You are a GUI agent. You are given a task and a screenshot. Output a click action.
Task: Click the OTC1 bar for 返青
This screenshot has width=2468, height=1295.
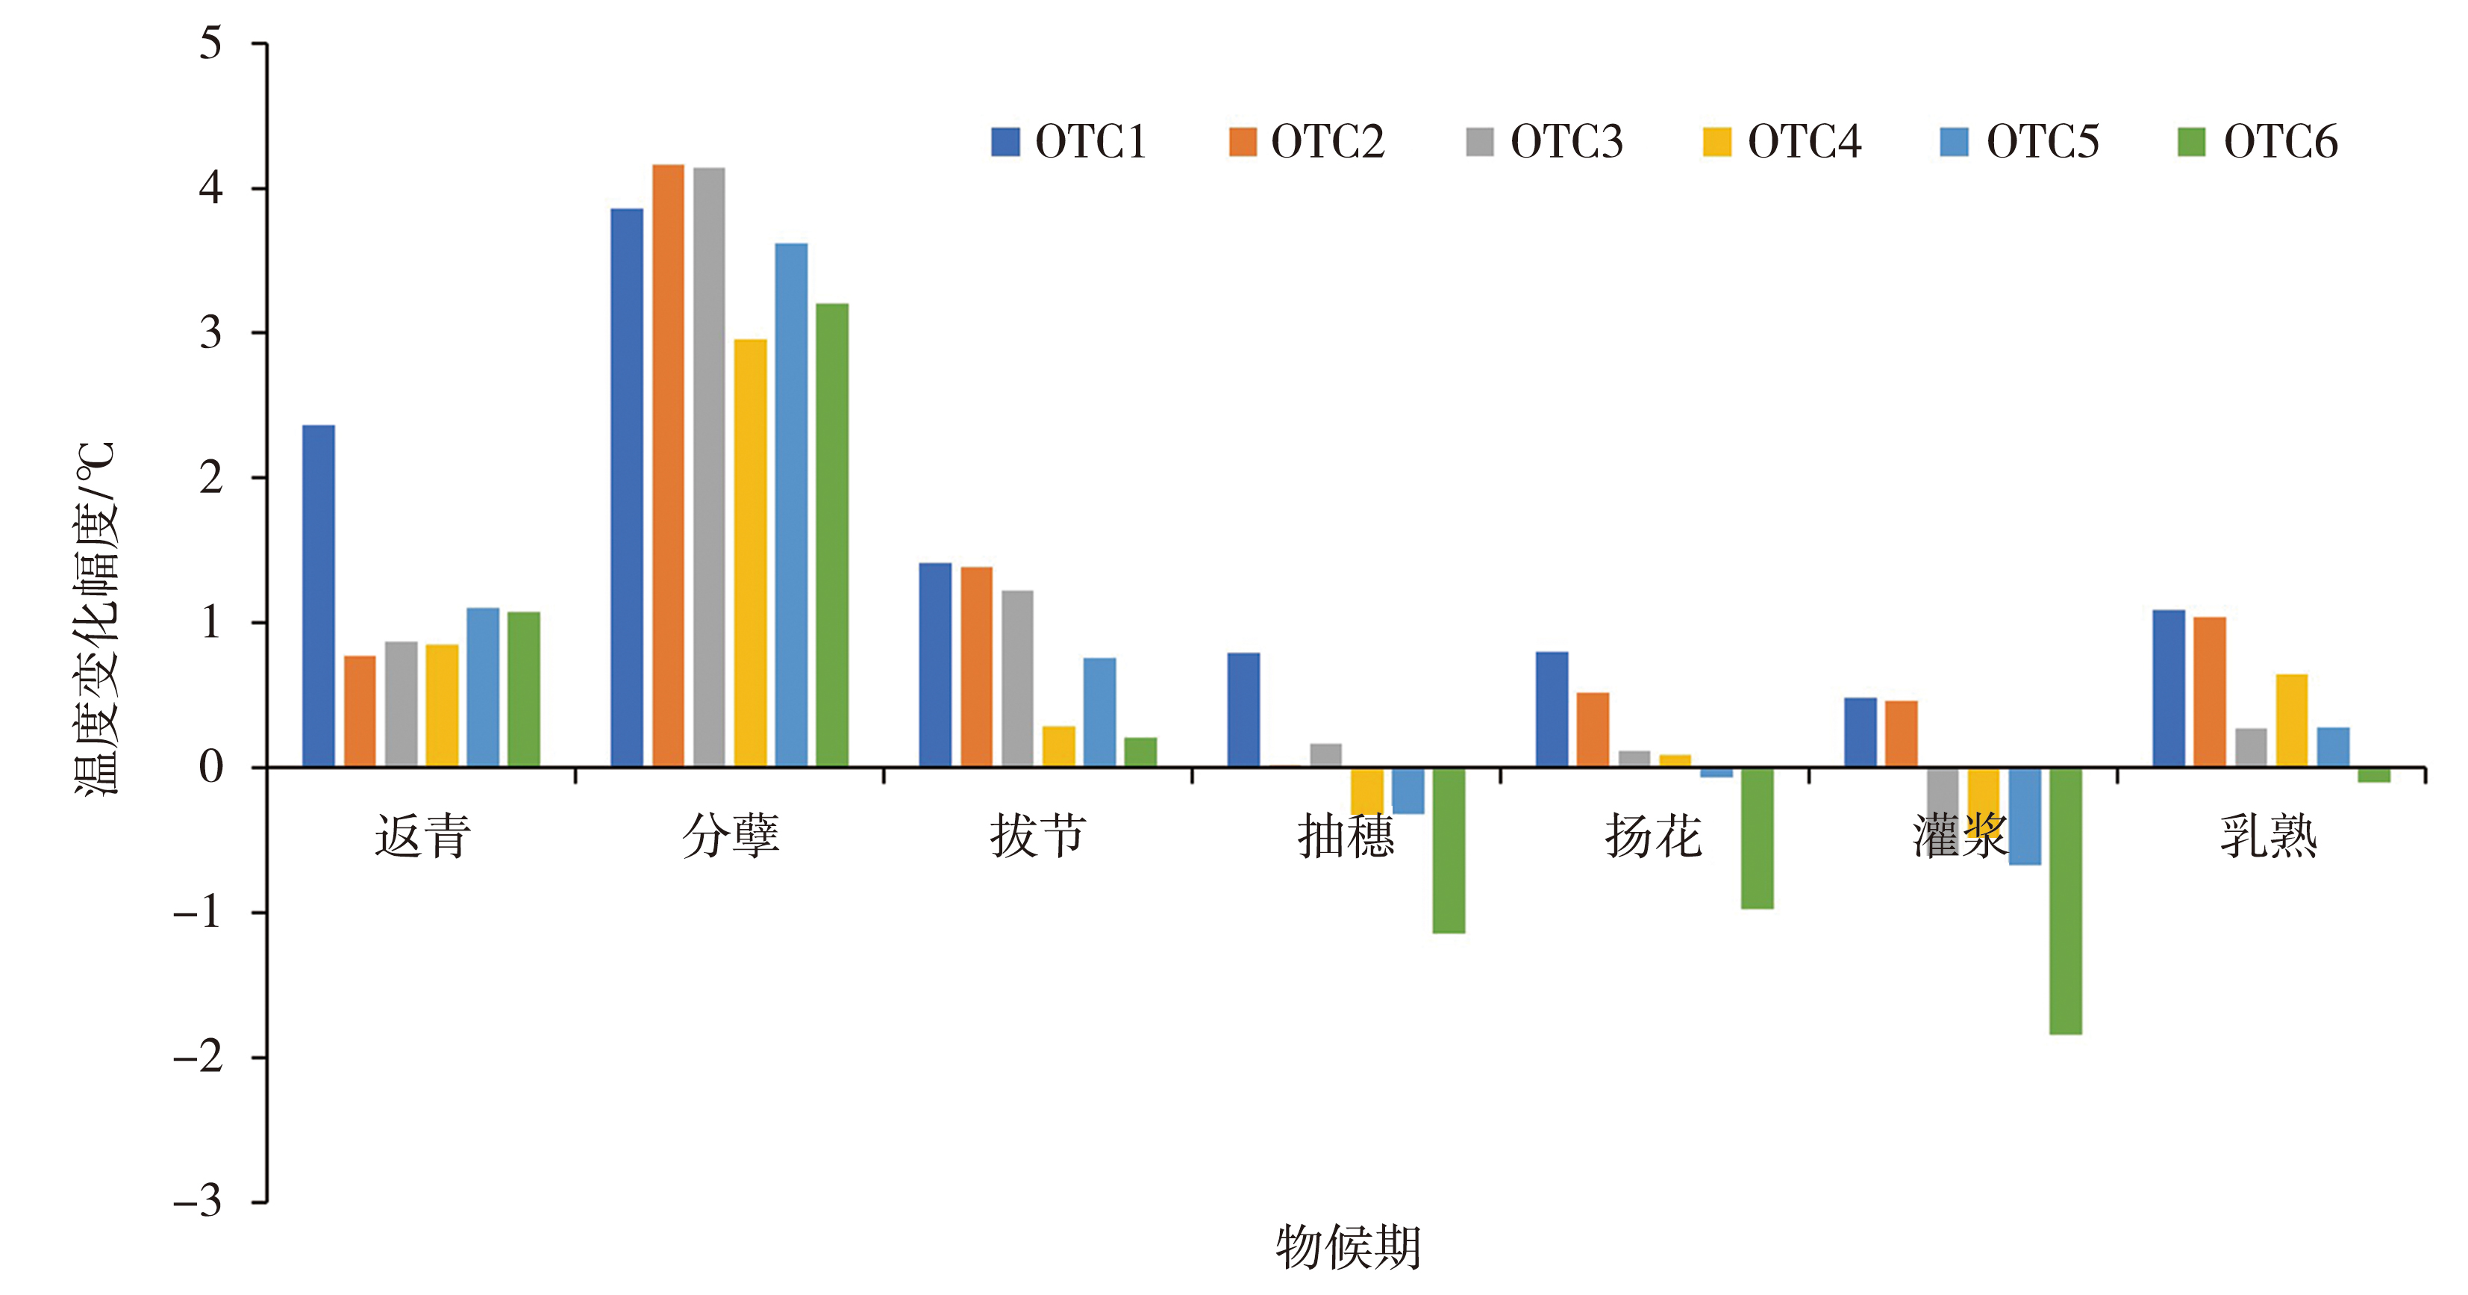tap(318, 595)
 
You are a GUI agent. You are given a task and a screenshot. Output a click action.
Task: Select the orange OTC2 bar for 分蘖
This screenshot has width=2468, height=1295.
tap(668, 465)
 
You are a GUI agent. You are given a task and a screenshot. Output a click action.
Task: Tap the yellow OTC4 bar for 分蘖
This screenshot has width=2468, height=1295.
tap(750, 553)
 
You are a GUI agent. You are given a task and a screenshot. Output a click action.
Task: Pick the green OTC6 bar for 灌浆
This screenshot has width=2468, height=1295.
tap(2065, 901)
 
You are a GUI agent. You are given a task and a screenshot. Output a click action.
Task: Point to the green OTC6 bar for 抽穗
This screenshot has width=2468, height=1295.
tap(1448, 850)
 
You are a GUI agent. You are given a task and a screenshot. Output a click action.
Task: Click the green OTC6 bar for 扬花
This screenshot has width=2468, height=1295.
tap(1756, 838)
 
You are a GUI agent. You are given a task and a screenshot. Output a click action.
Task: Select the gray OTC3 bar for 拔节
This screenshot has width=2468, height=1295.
tap(1017, 679)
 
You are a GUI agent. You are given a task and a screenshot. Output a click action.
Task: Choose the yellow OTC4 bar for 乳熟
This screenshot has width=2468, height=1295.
tap(2292, 720)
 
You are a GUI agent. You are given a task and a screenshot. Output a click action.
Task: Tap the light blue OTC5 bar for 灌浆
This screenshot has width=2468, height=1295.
tap(2025, 816)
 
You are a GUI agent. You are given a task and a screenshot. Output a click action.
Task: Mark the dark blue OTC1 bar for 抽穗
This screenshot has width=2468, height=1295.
tap(1243, 709)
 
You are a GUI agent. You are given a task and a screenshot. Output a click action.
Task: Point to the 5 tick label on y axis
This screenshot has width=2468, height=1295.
tap(210, 43)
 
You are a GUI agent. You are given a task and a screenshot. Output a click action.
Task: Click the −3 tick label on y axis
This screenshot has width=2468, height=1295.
tap(199, 1201)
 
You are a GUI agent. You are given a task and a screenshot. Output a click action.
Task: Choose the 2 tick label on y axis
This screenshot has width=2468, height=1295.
tap(210, 477)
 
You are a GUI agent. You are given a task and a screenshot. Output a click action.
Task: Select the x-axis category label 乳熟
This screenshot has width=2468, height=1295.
tap(2268, 836)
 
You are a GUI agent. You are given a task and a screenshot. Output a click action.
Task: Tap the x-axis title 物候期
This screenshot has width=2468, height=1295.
tap(1347, 1247)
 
